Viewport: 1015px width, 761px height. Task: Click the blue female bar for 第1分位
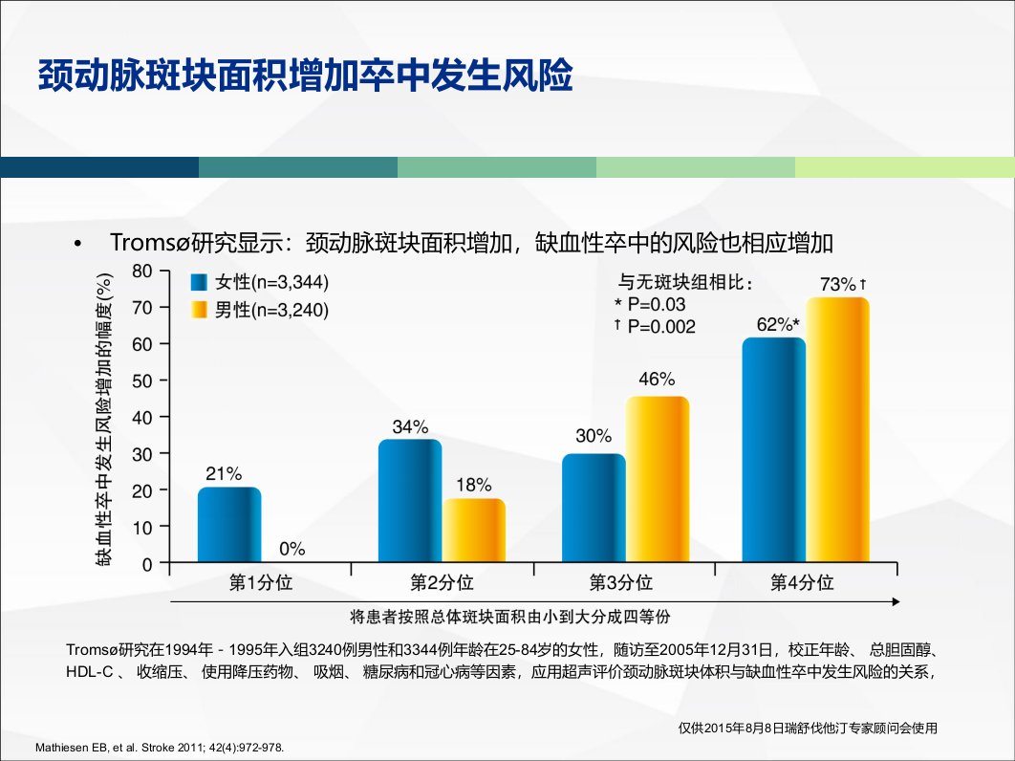pyautogui.click(x=229, y=525)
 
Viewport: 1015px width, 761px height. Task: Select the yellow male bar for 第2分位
pyautogui.click(x=474, y=531)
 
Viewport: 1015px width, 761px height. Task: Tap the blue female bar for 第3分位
pyautogui.click(x=594, y=508)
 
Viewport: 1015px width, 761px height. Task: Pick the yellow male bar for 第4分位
pyautogui.click(x=837, y=430)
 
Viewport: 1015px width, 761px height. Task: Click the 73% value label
pyautogui.click(x=838, y=284)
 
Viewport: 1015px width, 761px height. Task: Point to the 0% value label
pyautogui.click(x=292, y=549)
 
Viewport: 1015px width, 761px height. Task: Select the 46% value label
pyautogui.click(x=657, y=379)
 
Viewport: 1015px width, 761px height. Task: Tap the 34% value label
pyautogui.click(x=410, y=426)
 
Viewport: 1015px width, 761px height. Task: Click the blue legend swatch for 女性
pyautogui.click(x=200, y=282)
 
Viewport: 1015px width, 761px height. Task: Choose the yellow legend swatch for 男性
pyautogui.click(x=200, y=310)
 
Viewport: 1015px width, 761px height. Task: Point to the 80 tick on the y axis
pyautogui.click(x=141, y=271)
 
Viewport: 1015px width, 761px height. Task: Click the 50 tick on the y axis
pyautogui.click(x=141, y=380)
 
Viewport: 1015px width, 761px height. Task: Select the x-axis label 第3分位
pyautogui.click(x=621, y=582)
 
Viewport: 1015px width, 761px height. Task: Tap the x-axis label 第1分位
pyautogui.click(x=261, y=582)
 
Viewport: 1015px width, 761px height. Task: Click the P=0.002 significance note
pyautogui.click(x=655, y=326)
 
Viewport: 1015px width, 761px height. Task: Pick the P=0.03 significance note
pyautogui.click(x=650, y=304)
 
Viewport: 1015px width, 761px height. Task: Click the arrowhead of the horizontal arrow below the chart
pyautogui.click(x=896, y=601)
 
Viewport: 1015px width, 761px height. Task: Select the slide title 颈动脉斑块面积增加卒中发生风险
pyautogui.click(x=306, y=76)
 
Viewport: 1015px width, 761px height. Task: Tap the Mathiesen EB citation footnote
pyautogui.click(x=160, y=748)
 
